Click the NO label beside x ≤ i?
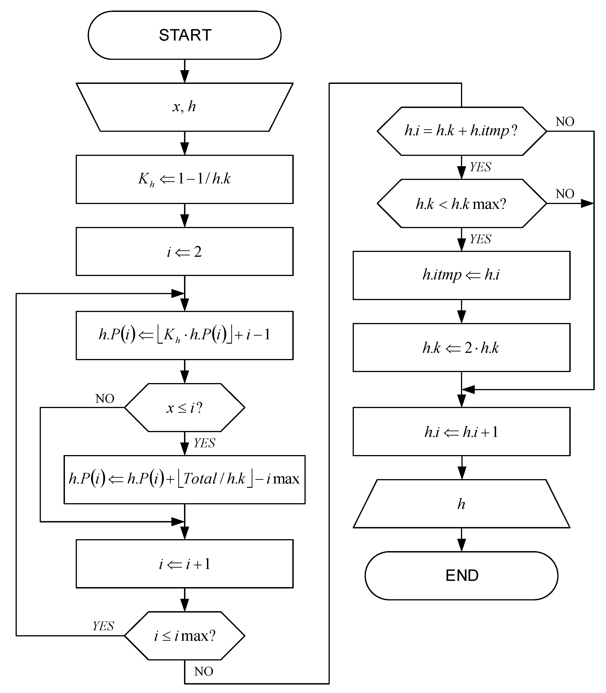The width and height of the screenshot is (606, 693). [x=105, y=399]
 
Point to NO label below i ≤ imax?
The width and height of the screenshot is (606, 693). [x=204, y=671]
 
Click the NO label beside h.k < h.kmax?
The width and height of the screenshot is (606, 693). [x=565, y=194]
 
